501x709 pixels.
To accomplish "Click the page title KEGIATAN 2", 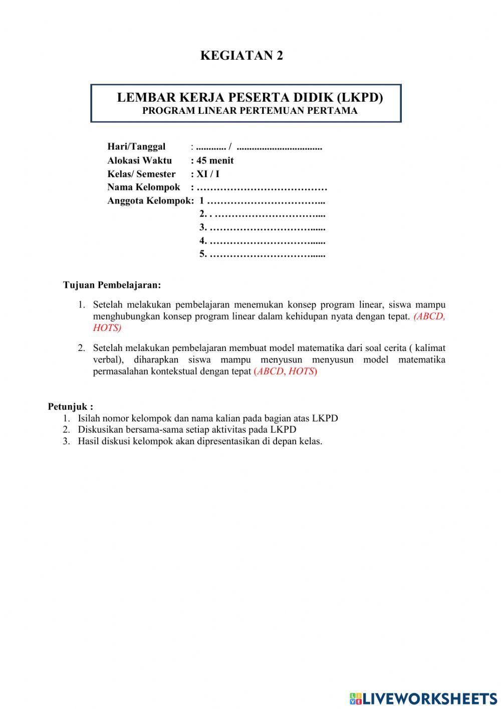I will coord(241,56).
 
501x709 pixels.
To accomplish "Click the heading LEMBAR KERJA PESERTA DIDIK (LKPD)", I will coord(249,97).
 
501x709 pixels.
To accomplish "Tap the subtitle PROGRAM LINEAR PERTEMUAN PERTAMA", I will coord(249,111).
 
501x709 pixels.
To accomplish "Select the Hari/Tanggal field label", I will coord(136,147).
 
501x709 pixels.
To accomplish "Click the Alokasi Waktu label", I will coord(139,160).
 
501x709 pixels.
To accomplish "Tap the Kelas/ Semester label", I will coord(141,174).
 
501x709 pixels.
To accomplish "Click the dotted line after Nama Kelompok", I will coord(262,188).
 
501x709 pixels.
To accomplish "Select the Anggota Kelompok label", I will coord(150,201).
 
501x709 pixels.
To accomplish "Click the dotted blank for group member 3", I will coord(268,228).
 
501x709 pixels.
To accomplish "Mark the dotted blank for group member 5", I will coord(268,255).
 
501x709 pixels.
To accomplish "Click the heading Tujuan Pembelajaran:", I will coord(112,285).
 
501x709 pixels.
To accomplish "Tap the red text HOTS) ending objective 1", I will coord(107,328).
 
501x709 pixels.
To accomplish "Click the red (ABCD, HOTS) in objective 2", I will coord(286,372).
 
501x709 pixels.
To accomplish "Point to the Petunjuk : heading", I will coord(70,407).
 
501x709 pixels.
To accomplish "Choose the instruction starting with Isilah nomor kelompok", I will coord(207,418).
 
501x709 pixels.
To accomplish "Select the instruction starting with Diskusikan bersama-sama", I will coord(187,430).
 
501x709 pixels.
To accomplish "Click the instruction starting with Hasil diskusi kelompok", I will coord(200,441).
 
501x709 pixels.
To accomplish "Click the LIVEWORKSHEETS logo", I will coord(423,698).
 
